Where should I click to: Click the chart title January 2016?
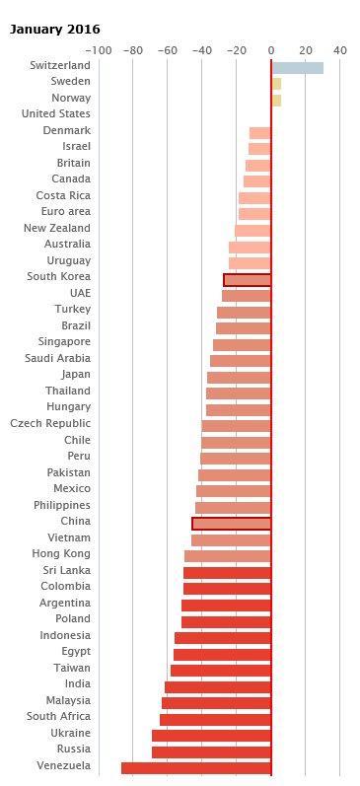(x=54, y=30)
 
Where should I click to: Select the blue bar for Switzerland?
(x=297, y=68)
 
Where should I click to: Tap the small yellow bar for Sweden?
(x=276, y=84)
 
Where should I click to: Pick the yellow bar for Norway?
(x=276, y=101)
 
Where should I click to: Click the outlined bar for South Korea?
(x=247, y=280)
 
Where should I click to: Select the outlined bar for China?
(x=231, y=524)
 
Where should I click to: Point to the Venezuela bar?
(x=195, y=768)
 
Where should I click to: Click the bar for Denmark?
(x=259, y=133)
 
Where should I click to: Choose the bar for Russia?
(x=211, y=751)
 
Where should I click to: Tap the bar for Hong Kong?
(x=227, y=556)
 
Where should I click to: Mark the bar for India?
(x=218, y=686)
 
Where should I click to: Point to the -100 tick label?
(x=99, y=50)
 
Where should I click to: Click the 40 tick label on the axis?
(x=340, y=50)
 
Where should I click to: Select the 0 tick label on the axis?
(x=271, y=50)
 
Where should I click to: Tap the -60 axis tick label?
(x=168, y=50)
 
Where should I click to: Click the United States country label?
(x=56, y=113)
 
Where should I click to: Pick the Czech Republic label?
(x=50, y=424)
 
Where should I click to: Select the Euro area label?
(x=66, y=211)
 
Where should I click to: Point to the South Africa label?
(x=58, y=716)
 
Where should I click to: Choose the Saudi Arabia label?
(x=57, y=358)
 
